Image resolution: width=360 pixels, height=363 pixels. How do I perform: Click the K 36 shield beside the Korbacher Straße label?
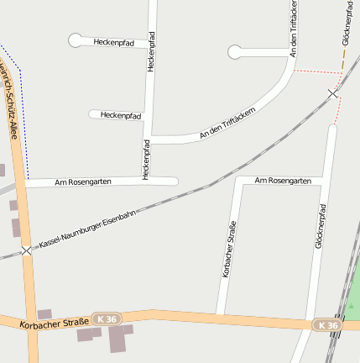coord(107,319)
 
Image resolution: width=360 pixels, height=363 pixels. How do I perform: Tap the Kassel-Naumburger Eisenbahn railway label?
coord(87,229)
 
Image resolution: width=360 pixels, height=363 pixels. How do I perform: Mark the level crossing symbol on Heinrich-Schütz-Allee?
coord(27,250)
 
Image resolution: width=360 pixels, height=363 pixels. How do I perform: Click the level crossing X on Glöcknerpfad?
coord(333,93)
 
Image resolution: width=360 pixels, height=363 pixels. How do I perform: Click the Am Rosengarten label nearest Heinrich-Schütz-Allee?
coord(83,181)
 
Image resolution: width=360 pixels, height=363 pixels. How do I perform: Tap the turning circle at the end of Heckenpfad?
coord(76,39)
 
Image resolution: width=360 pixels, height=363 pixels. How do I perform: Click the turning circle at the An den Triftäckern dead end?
coord(234,52)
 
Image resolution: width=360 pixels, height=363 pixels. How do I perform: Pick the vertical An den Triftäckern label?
coord(293,30)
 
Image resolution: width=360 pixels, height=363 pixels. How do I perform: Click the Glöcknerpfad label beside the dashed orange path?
coord(347,23)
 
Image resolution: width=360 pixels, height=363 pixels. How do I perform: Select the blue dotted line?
coord(21,109)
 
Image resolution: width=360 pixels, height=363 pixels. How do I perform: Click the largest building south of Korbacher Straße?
coord(120,338)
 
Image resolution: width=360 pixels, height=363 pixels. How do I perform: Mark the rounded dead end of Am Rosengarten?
coord(174,181)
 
